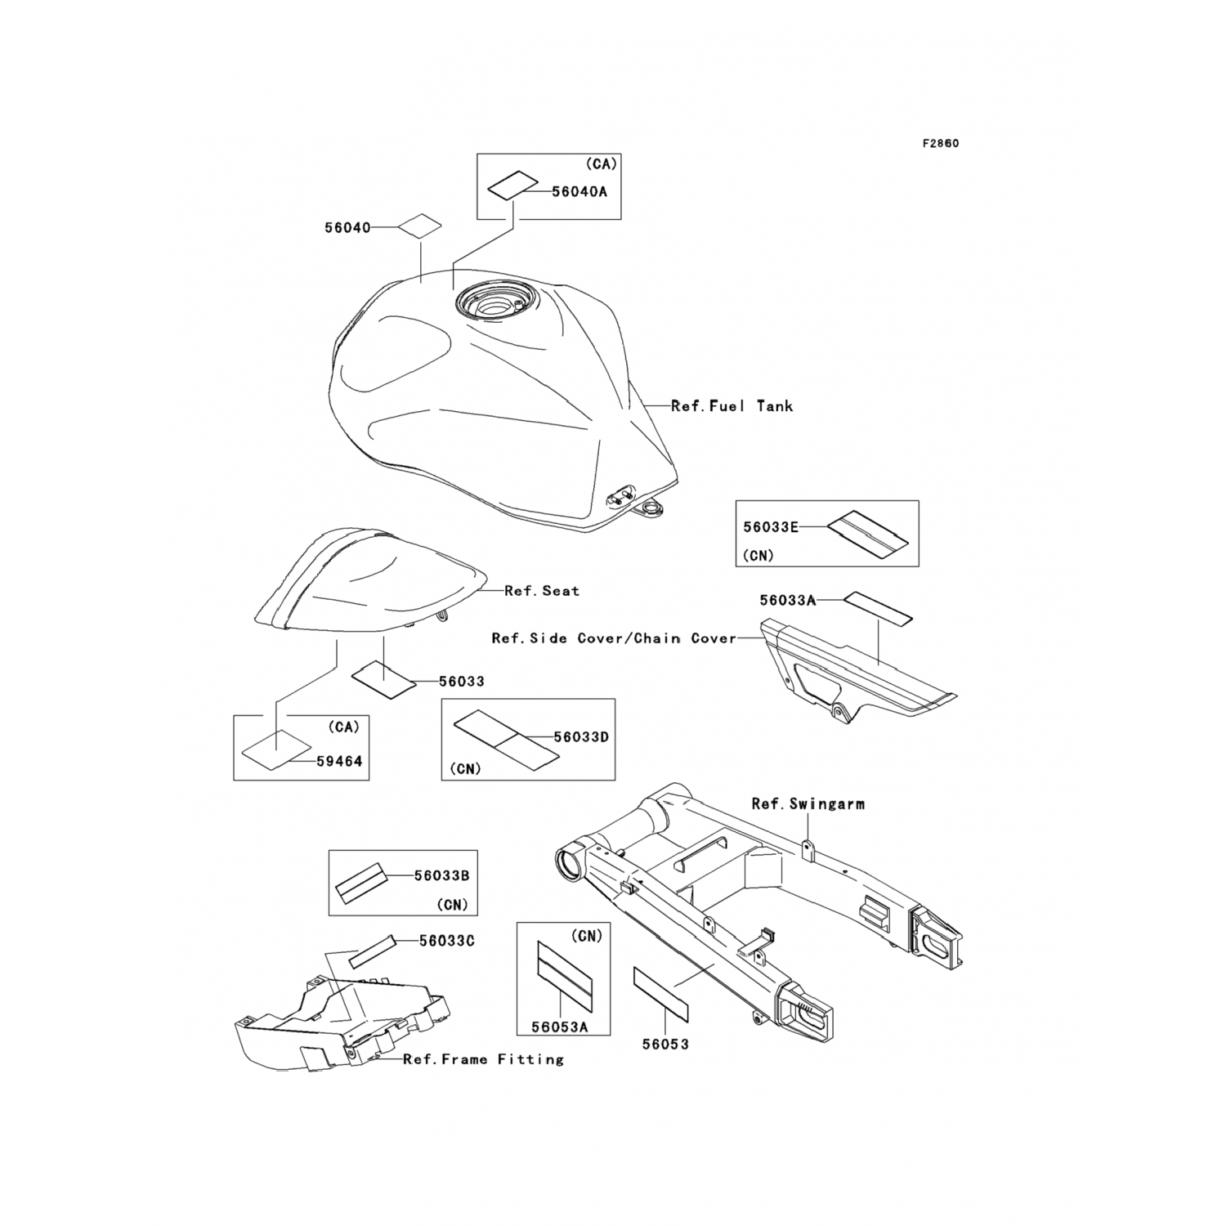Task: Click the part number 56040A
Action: [579, 191]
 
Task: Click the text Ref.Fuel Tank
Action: [732, 405]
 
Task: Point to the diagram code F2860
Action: [940, 144]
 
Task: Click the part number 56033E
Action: [770, 527]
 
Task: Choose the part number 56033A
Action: [787, 600]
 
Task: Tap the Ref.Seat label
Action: [541, 590]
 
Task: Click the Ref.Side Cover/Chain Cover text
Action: [614, 638]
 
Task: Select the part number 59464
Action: [339, 761]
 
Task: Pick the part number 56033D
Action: [581, 736]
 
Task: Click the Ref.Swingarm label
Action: [808, 803]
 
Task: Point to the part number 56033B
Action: [441, 875]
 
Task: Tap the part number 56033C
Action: [446, 941]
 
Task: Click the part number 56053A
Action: [559, 1027]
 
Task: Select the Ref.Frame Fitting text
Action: [483, 1059]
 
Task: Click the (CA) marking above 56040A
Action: [601, 164]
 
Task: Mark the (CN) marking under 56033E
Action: [758, 555]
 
